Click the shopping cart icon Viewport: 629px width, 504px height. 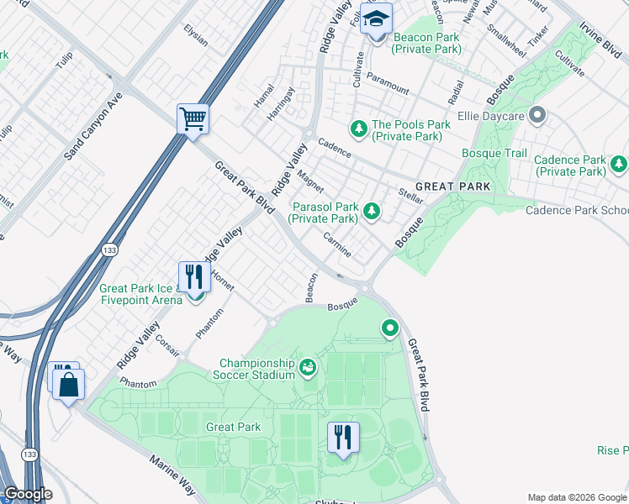click(x=193, y=118)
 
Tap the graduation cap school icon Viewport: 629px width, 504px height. click(x=376, y=18)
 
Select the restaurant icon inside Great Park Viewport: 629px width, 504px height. click(x=342, y=437)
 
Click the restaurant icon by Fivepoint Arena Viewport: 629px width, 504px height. click(x=194, y=276)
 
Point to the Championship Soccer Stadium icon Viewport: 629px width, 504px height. click(x=308, y=367)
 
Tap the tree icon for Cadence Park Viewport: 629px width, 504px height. click(x=618, y=163)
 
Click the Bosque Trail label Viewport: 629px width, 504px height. click(x=494, y=153)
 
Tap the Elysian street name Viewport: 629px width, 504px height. click(x=195, y=35)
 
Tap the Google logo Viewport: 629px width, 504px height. click(x=27, y=494)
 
